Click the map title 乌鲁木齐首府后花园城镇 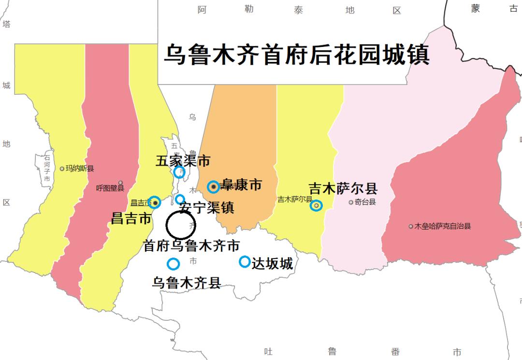[296, 54]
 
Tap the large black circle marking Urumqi [181, 225]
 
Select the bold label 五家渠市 [183, 160]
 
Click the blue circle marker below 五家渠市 [179, 172]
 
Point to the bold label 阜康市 [241, 185]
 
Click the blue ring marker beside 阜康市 [213, 187]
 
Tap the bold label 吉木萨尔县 [343, 189]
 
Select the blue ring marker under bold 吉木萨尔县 [316, 205]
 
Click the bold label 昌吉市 [131, 218]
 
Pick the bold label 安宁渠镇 [206, 208]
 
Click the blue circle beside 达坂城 [245, 262]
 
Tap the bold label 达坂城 [273, 264]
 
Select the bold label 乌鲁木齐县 [187, 283]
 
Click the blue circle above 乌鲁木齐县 [173, 264]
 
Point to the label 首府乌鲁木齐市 [191, 246]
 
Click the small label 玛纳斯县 [80, 169]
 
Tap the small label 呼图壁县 [110, 188]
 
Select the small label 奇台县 [365, 202]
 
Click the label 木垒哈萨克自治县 [442, 226]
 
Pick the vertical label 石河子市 [47, 168]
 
